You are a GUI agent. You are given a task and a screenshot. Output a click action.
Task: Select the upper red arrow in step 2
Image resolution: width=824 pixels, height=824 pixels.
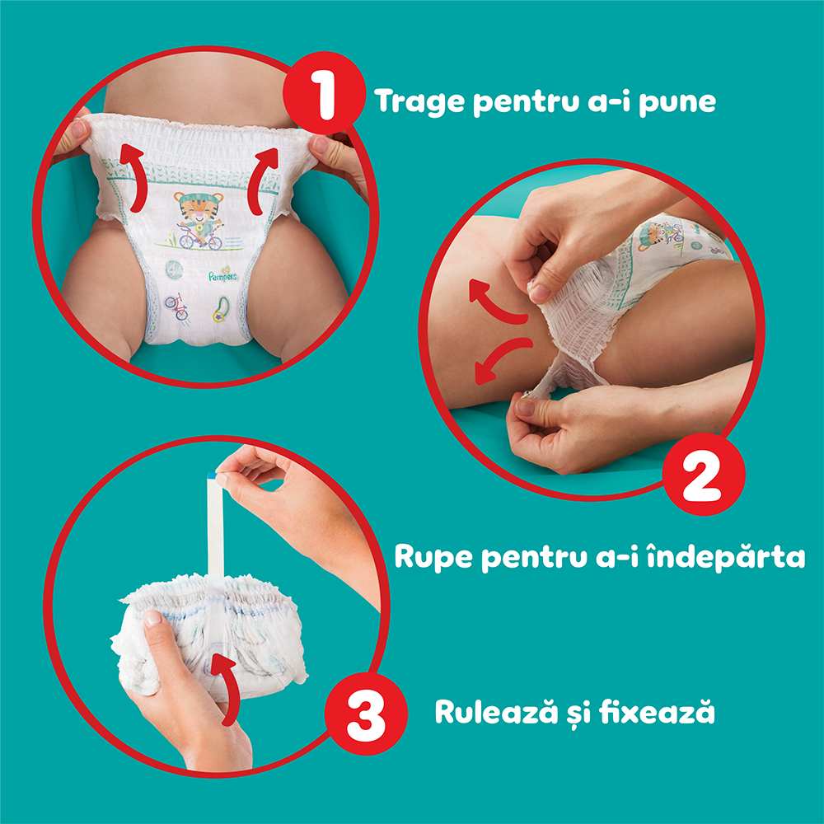495,301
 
